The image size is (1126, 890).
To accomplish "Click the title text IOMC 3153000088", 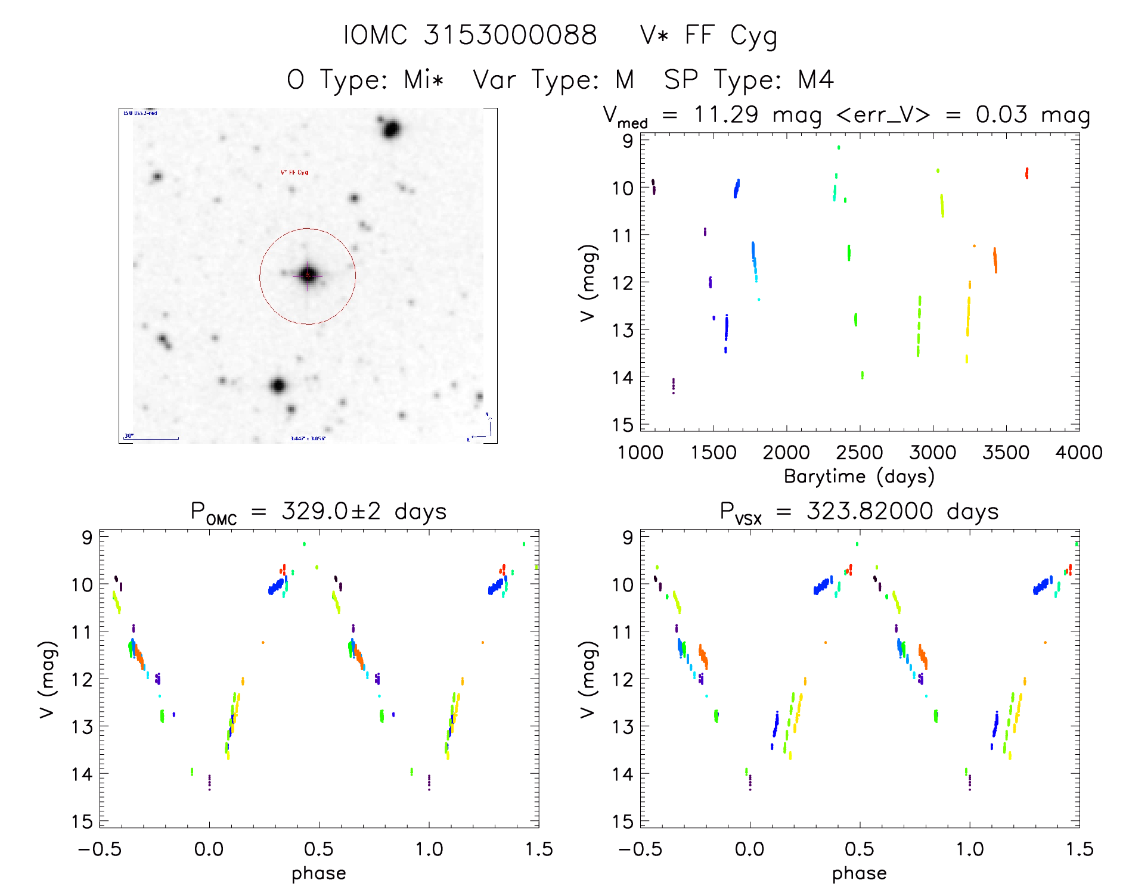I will tap(470, 35).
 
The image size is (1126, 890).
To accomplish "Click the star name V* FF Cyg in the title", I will tap(708, 36).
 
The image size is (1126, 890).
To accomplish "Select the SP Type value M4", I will tap(815, 80).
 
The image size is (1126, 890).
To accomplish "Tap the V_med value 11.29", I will tap(726, 114).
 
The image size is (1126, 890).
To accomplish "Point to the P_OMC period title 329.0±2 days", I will tap(364, 512).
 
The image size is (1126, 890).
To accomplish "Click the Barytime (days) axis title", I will tap(859, 477).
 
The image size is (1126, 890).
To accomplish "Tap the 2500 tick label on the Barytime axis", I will tap(860, 453).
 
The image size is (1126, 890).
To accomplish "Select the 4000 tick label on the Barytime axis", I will tap(1078, 453).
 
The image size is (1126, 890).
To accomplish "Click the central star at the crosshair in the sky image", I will tap(308, 275).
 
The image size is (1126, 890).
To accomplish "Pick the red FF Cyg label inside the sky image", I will tap(294, 173).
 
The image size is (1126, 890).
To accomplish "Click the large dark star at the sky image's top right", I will tap(391, 129).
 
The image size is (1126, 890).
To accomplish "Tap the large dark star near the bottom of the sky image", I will tap(278, 385).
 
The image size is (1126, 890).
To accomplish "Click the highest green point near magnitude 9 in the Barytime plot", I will tap(839, 147).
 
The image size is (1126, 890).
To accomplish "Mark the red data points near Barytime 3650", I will tap(1026, 173).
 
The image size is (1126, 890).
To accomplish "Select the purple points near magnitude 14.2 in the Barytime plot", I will tap(674, 385).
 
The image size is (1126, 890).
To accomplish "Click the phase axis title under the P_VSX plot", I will tap(859, 873).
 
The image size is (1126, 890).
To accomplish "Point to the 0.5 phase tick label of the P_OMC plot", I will tap(319, 849).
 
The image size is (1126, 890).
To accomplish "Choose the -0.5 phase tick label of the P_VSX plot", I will tap(640, 849).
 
